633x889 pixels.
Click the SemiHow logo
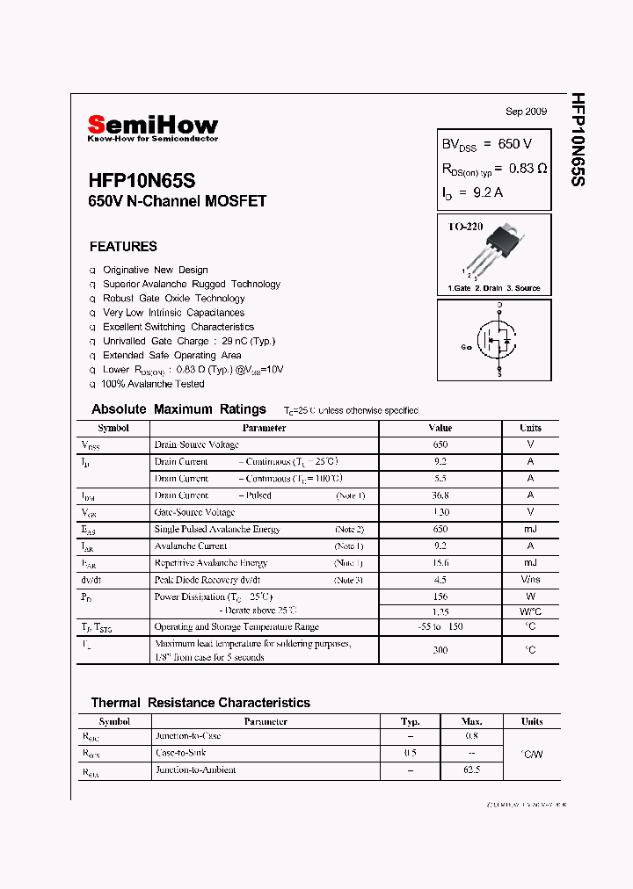152,127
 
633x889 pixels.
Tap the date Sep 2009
526,112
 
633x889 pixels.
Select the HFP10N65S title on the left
142,180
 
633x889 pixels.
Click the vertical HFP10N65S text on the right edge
578,140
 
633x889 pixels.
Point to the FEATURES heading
123,247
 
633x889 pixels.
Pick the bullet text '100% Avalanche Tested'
153,384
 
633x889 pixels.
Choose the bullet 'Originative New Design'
155,270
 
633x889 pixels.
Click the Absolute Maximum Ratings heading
178,409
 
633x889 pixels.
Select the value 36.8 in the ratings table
440,495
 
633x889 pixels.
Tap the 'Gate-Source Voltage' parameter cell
194,512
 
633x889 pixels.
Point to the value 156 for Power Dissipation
440,596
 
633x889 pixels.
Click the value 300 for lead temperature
440,650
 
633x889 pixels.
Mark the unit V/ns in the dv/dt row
530,580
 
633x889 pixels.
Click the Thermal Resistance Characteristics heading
200,703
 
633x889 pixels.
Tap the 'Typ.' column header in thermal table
410,721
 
